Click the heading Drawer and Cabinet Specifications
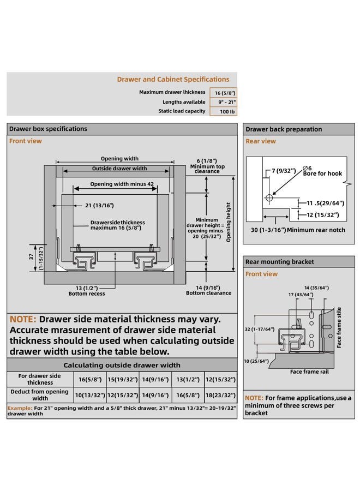[173, 79]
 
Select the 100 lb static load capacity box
[223, 111]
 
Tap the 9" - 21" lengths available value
[223, 102]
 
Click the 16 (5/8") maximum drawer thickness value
[223, 93]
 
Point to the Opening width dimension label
[119, 158]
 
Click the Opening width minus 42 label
[122, 184]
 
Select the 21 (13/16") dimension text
[100, 206]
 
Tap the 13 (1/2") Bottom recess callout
[87, 291]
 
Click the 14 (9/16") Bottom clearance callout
[208, 290]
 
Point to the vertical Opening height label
[228, 222]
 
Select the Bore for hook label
[322, 173]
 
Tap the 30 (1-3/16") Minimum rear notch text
[298, 230]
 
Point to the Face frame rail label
[309, 372]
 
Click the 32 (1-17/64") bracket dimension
[260, 329]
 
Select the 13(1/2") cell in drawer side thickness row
[188, 379]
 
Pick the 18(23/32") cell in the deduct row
[220, 395]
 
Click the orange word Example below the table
[20, 408]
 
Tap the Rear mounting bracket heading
[280, 262]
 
